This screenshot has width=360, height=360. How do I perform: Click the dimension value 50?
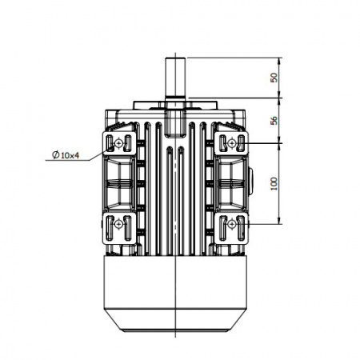[x=274, y=78]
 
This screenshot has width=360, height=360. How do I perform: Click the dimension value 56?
[x=274, y=121]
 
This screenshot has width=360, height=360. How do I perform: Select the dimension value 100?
[x=274, y=183]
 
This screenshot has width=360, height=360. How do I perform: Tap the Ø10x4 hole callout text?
[x=66, y=155]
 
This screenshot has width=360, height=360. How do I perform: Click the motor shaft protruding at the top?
[x=175, y=78]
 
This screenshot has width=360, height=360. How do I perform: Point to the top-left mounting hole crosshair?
[x=118, y=144]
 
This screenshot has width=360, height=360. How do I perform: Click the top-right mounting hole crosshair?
[x=232, y=143]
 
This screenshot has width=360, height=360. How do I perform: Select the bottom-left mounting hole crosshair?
[x=118, y=224]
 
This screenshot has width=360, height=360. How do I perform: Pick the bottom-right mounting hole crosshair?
[x=232, y=224]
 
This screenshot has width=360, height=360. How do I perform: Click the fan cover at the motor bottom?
[x=175, y=294]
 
